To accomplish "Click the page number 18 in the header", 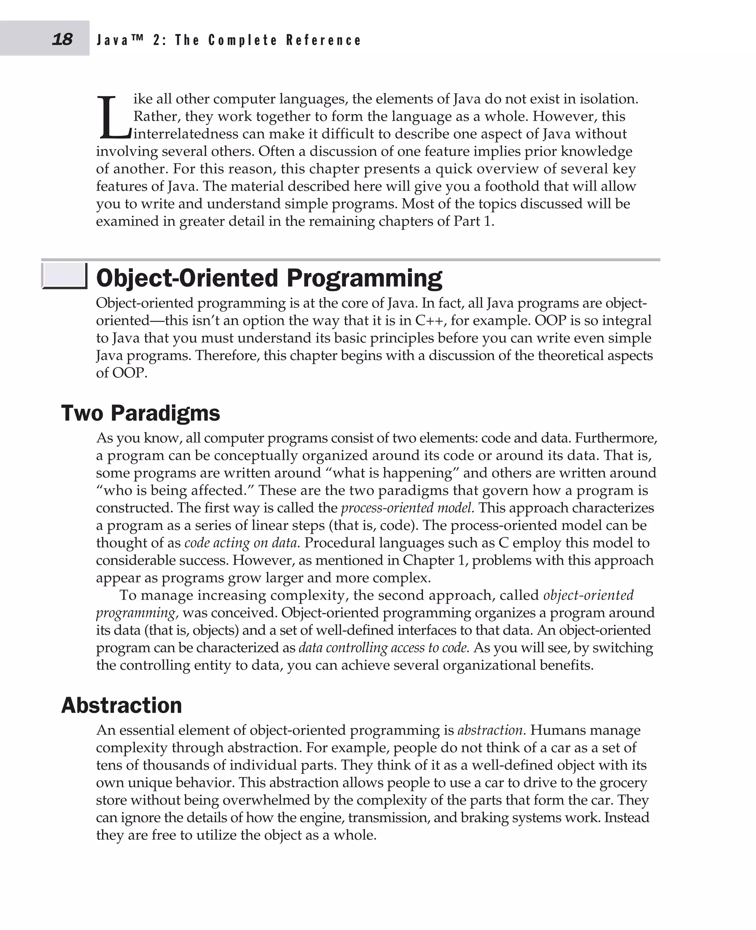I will tap(62, 39).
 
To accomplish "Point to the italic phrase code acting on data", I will tap(242, 543).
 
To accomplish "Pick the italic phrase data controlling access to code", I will tap(384, 648).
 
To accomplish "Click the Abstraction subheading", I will tap(121, 705).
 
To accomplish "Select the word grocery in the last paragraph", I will tap(623, 783).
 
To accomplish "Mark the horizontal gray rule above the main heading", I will tap(351, 259).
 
